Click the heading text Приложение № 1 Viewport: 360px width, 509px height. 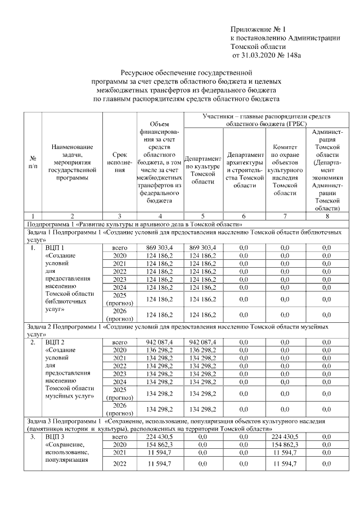coord(258,29)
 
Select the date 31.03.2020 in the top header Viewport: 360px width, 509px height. coord(261,55)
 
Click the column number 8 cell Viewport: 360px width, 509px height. coord(327,215)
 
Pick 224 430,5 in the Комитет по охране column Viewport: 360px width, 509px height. coord(284,436)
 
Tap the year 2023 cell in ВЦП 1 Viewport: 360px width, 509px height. coord(119,280)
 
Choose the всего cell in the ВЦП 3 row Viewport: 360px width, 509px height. coord(119,436)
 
